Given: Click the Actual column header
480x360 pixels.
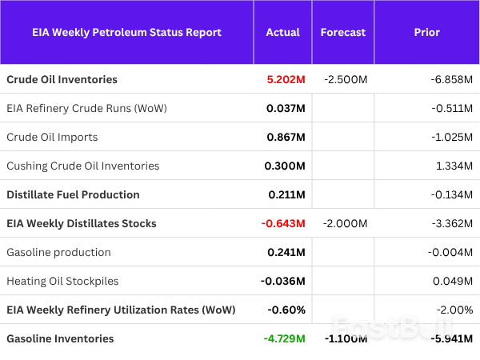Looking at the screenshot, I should coord(282,33).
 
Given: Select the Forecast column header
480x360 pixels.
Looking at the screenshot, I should coord(342,33).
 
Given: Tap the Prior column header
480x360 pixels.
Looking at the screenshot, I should coord(426,33).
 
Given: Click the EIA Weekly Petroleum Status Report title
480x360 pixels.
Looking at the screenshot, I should coord(126,33).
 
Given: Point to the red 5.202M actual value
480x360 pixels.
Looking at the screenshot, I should coord(286,80).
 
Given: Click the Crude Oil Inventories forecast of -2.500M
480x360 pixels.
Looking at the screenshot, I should coord(346,80).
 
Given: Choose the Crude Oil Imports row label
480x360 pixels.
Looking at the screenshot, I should coord(52,137).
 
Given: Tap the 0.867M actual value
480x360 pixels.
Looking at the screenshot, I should coord(285,137).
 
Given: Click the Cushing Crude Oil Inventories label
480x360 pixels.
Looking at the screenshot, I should coord(82,166).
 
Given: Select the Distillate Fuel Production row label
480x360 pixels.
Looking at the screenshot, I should coord(73,194).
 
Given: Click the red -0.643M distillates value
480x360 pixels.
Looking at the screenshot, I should coord(283,223).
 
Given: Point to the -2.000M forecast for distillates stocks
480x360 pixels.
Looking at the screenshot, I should coord(346,223).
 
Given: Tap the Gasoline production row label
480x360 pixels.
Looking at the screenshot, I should coord(58,252).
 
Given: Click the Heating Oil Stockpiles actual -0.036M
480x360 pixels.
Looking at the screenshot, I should coord(282,281).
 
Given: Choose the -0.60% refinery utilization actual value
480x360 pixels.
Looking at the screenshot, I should coord(286,310).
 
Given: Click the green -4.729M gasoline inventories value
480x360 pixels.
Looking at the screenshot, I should coord(284,338).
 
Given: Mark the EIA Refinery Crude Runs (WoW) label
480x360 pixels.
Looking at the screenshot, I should coord(86,108).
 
